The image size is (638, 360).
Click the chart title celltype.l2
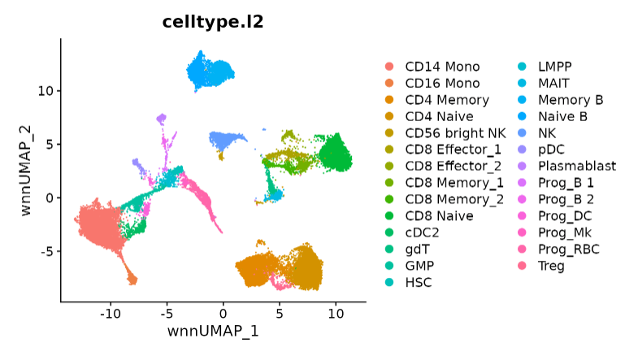coord(211,22)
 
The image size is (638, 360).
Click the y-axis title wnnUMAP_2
coord(27,169)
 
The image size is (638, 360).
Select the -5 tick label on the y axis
coord(46,251)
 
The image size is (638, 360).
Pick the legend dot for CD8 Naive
coord(390,216)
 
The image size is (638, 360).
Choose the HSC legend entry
coord(419,282)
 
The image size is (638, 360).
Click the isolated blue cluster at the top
coord(210,71)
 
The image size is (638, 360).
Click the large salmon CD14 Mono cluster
coord(98,223)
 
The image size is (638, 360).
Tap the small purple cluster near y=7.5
coord(162,119)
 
